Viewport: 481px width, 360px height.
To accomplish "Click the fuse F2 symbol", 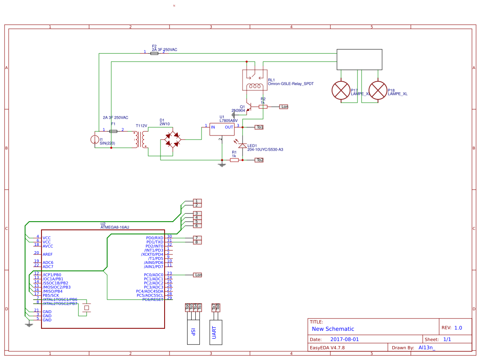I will (x=154, y=53).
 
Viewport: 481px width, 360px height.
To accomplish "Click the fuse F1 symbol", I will (x=114, y=131).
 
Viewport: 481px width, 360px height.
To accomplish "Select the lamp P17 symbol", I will (x=341, y=90).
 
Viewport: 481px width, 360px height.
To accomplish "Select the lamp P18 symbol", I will (x=378, y=90).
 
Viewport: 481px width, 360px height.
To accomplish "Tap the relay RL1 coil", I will (x=254, y=86).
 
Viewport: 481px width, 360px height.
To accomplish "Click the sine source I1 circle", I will (x=95, y=140).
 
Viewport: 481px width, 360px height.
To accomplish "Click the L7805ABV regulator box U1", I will (x=222, y=129).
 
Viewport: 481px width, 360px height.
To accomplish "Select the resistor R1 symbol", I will (x=234, y=160).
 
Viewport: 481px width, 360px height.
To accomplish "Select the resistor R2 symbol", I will (x=263, y=107).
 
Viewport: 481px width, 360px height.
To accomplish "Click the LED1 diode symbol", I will (x=243, y=145).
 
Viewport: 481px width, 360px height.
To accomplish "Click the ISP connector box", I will (x=193, y=332).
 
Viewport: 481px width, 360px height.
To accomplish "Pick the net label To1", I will (x=259, y=127).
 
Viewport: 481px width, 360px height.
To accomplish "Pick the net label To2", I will (x=259, y=160).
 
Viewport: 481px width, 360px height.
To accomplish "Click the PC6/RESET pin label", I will (x=153, y=299).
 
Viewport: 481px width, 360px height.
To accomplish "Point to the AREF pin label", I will (x=48, y=254).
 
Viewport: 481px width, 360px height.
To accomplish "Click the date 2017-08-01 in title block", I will (x=344, y=339).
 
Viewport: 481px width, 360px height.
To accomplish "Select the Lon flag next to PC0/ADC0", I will (x=198, y=275).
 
